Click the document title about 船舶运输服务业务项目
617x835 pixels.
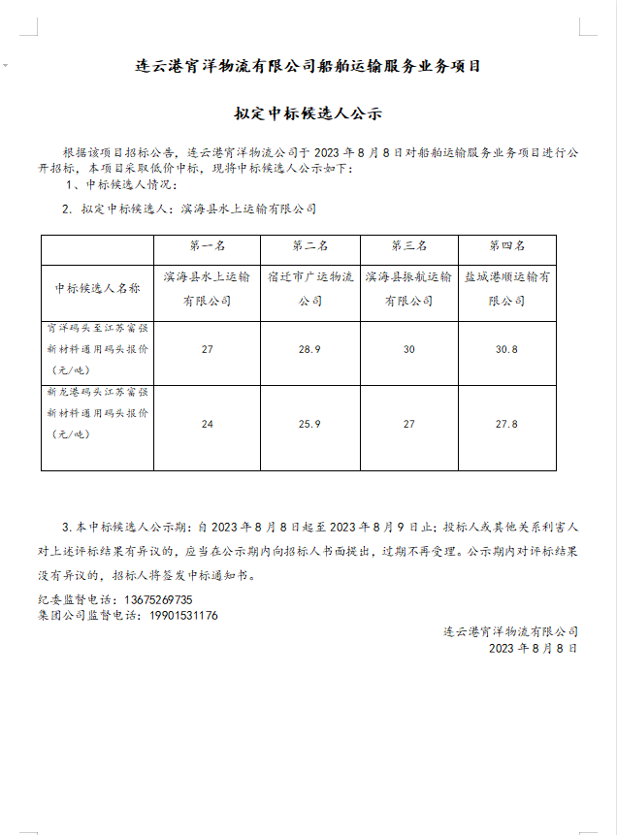click(308, 67)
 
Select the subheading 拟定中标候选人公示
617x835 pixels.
click(308, 114)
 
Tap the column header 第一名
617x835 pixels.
click(207, 246)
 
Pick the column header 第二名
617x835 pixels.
click(309, 246)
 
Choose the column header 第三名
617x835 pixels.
click(408, 246)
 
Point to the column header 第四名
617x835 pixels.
click(506, 246)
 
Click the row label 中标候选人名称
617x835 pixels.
click(97, 289)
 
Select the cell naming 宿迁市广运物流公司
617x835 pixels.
click(309, 289)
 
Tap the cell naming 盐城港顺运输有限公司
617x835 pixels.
click(506, 289)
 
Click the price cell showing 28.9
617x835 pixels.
click(309, 349)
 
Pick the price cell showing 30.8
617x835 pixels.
click(506, 349)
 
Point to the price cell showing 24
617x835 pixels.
click(207, 424)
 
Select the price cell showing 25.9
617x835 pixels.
click(309, 424)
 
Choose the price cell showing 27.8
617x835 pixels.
click(506, 424)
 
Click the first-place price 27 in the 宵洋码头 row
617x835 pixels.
click(207, 349)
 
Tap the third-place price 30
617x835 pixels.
click(408, 349)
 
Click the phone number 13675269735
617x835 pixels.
click(158, 600)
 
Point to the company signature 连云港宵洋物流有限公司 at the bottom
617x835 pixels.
click(510, 632)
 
